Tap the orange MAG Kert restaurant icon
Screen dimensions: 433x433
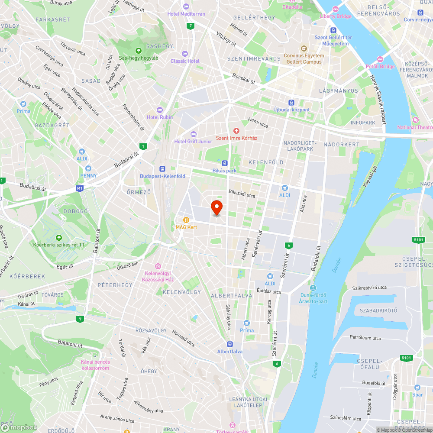[x=186, y=220]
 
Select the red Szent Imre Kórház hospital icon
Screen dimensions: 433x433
[x=236, y=130]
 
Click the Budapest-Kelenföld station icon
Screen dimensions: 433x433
[x=162, y=169]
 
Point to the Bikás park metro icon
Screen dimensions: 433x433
[x=225, y=163]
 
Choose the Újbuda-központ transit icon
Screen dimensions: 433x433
[x=291, y=103]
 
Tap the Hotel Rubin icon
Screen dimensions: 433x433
[x=160, y=110]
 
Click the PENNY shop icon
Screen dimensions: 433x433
[x=88, y=168]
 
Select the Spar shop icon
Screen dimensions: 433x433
[x=417, y=388]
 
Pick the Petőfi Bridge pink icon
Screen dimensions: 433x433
[x=380, y=59]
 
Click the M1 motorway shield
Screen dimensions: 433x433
[x=79, y=188]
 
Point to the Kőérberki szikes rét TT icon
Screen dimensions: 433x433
[x=59, y=237]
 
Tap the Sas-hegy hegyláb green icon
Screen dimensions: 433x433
[x=139, y=50]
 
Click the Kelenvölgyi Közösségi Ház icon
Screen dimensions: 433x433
[x=158, y=266]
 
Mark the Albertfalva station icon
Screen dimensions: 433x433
[x=229, y=344]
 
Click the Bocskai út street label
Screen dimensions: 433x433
[x=244, y=78]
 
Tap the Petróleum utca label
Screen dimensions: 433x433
[x=365, y=337]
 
